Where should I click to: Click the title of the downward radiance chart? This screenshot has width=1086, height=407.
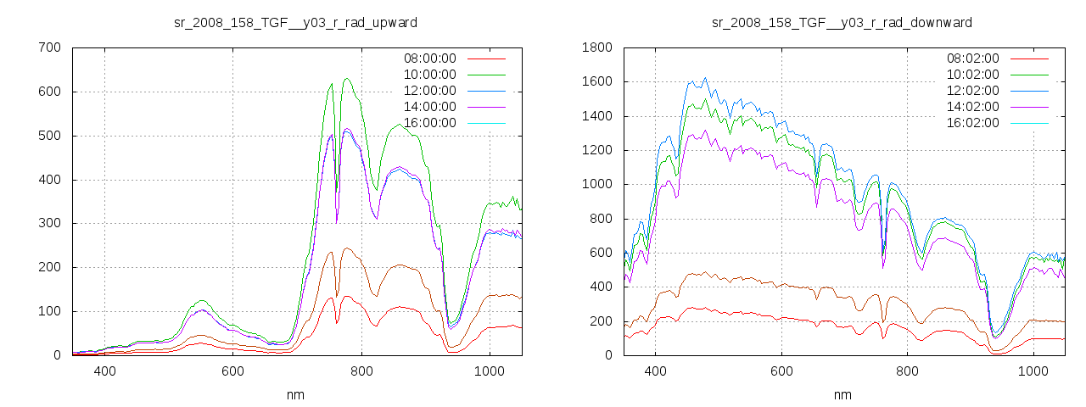(842, 21)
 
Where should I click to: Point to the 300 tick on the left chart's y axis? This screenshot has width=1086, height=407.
(49, 223)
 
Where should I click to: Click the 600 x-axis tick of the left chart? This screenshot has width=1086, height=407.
(233, 371)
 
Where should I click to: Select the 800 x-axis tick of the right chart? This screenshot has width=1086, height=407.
(908, 371)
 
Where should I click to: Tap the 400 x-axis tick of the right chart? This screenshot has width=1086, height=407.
(655, 371)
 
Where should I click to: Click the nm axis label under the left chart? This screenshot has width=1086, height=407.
(295, 394)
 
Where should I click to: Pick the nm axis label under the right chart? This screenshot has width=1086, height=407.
(842, 394)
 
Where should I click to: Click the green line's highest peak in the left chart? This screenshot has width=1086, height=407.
(346, 79)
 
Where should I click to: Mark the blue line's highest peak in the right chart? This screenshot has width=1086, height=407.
(705, 78)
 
